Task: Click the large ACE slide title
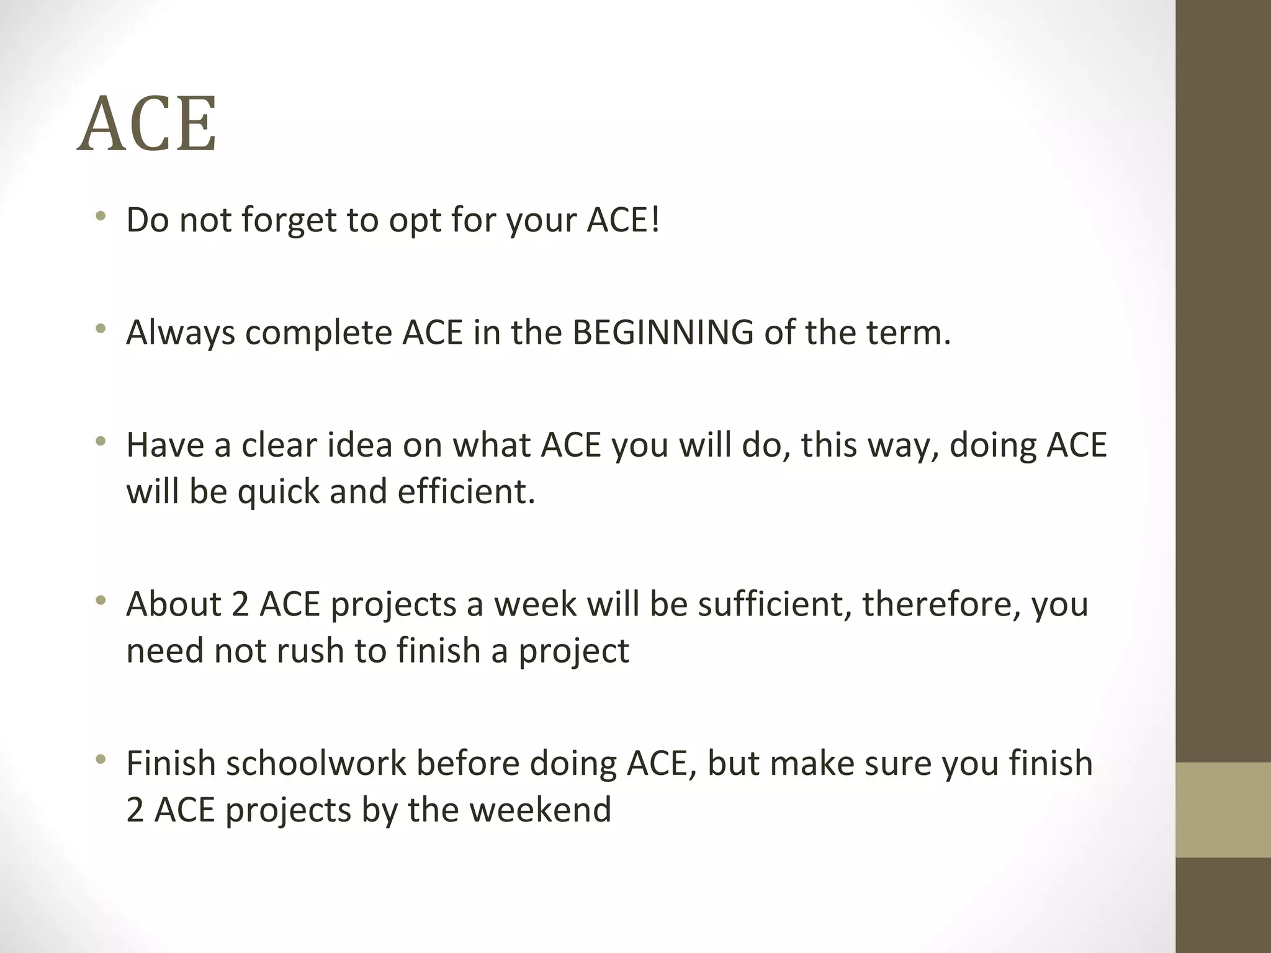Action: point(147,125)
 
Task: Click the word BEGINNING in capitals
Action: point(663,333)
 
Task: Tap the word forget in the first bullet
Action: point(288,220)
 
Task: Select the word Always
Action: point(181,333)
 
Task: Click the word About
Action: point(174,604)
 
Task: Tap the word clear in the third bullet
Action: point(279,445)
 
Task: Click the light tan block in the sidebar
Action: point(1223,809)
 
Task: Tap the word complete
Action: point(319,333)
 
